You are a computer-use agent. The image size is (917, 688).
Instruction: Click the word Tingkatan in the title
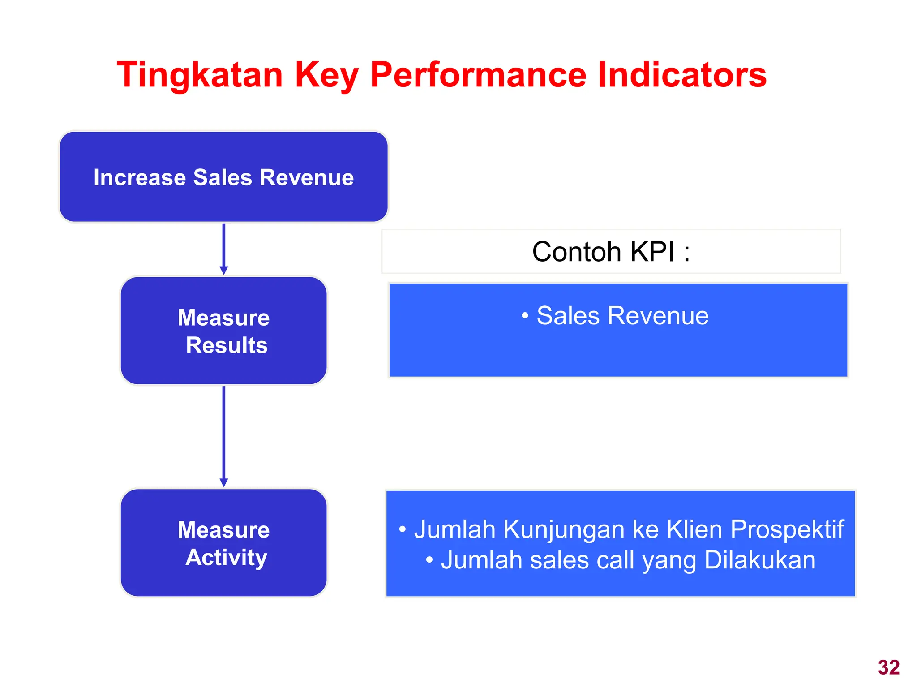pyautogui.click(x=200, y=75)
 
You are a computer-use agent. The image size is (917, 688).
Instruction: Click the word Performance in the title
pyautogui.click(x=478, y=74)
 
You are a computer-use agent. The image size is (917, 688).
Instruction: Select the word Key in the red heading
pyautogui.click(x=326, y=75)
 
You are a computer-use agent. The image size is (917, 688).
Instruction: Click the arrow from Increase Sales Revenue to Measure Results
pyautogui.click(x=224, y=249)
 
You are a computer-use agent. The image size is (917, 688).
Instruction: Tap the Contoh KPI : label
pyautogui.click(x=611, y=251)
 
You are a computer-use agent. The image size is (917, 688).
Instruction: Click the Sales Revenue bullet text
pyautogui.click(x=622, y=316)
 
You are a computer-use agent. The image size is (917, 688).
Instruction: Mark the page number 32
pyautogui.click(x=889, y=667)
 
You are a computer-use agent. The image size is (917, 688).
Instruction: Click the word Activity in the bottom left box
pyautogui.click(x=227, y=558)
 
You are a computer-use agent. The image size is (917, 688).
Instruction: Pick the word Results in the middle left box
pyautogui.click(x=227, y=345)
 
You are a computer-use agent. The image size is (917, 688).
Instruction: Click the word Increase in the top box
pyautogui.click(x=139, y=177)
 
